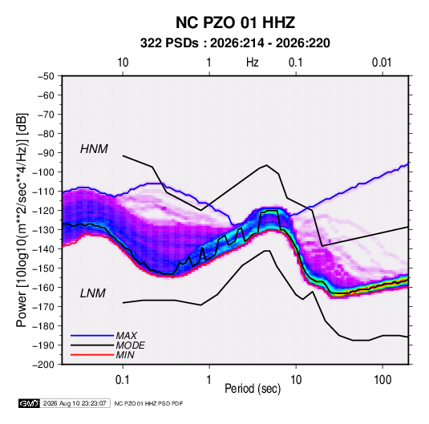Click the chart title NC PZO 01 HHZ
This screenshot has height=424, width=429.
[235, 22]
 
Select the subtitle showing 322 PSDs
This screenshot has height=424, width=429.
[235, 43]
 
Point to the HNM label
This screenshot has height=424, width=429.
[94, 149]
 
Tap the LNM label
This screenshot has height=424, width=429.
[93, 293]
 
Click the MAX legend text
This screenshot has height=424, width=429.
[127, 335]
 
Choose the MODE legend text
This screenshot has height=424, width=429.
[130, 345]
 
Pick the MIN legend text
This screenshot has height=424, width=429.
[125, 355]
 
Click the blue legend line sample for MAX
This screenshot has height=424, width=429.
[92, 336]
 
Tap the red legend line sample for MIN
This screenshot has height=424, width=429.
[92, 355]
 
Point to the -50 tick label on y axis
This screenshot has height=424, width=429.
[47, 76]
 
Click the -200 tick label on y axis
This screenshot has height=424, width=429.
[44, 365]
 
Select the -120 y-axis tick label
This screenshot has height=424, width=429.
[44, 211]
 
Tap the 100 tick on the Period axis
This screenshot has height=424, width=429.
[382, 380]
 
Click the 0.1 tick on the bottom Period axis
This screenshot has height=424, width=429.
[123, 380]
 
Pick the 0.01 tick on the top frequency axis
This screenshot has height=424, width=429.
[382, 63]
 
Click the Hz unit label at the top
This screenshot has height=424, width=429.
[253, 63]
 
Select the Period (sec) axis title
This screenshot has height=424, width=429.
[253, 389]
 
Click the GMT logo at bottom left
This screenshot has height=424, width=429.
[30, 403]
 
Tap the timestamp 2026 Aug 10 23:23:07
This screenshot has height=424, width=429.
[75, 403]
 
